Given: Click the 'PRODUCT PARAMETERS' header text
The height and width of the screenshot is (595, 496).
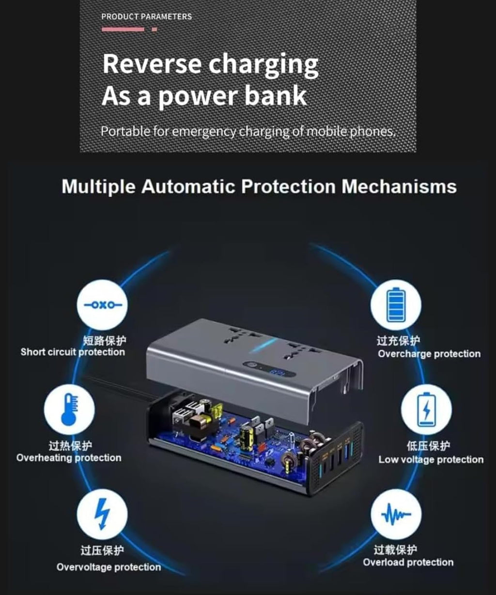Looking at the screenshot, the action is tap(146, 16).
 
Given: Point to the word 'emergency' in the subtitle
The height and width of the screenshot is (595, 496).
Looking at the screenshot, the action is tap(204, 132).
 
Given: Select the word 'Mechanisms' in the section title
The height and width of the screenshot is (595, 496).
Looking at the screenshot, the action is tap(399, 187).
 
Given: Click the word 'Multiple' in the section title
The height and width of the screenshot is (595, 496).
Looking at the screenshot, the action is tap(99, 187).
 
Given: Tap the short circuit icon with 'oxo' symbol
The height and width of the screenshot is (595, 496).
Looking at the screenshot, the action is tap(102, 305).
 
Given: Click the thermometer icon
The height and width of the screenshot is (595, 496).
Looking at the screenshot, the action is tap(69, 410).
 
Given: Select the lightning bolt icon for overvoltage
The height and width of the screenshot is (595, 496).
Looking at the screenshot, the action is tap(102, 514).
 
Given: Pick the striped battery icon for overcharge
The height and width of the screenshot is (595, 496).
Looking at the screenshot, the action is tap(396, 305).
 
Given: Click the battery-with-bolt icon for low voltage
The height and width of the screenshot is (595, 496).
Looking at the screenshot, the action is tap(426, 410).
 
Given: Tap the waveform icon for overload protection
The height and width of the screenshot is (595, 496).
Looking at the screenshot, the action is tap(396, 514).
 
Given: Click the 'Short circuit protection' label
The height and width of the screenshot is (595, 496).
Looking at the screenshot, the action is tap(73, 352).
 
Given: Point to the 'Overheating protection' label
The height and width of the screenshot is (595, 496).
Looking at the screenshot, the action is tap(69, 458).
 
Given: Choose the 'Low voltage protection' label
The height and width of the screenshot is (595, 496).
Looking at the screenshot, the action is tap(431, 459).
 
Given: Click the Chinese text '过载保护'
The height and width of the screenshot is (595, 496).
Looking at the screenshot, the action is tap(395, 550).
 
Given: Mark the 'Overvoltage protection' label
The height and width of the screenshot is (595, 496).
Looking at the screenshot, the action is tap(108, 567).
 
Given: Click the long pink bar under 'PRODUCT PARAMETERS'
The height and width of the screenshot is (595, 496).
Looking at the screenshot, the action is tap(123, 29).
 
